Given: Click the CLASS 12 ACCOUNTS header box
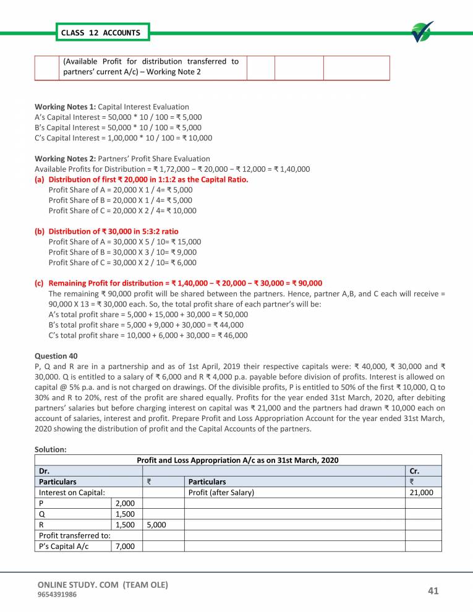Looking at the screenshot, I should [101, 32].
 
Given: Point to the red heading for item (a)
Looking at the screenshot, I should [148, 179].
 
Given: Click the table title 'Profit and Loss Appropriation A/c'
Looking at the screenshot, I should [237, 461].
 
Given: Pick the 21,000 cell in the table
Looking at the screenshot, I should [423, 493].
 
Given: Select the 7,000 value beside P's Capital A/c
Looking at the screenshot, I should [125, 545].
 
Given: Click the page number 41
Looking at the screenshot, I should [433, 592].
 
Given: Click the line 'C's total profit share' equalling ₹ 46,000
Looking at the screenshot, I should [148, 335].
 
